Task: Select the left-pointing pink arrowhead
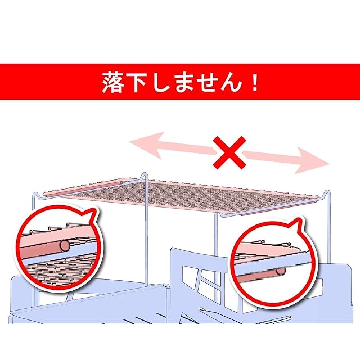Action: pos(141,144)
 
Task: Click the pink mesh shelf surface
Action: pos(186,194)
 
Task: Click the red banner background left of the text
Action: pos(45,83)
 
